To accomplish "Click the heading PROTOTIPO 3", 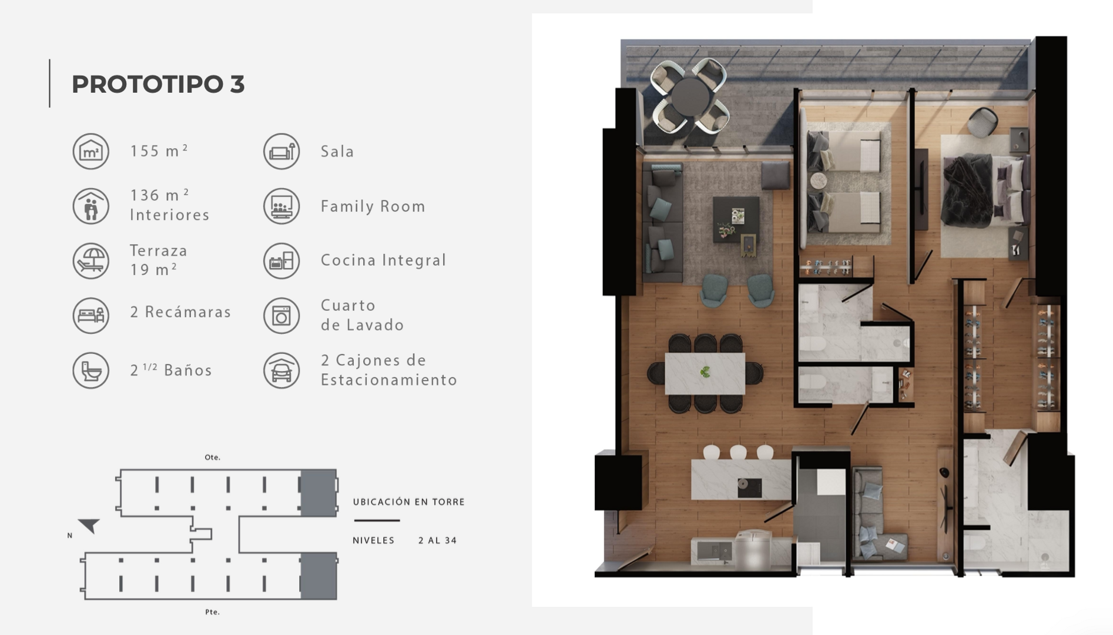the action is tap(158, 84).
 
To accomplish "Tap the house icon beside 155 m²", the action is tap(91, 151).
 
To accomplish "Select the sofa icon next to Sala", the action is tap(281, 151).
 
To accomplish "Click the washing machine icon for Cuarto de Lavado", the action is tap(281, 315).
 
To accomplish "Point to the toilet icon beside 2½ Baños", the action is tap(91, 370).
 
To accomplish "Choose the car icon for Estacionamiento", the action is tap(281, 370).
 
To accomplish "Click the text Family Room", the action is tap(373, 206).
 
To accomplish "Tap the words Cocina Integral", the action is tap(384, 260).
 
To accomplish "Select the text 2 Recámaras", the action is tap(180, 312).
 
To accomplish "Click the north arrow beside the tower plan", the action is tap(89, 525).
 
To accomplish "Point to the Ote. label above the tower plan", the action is tap(213, 457).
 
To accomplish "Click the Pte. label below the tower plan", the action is tap(213, 612).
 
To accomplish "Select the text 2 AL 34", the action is tap(438, 540).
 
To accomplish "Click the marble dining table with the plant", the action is tap(705, 373).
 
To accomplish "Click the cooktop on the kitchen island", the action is tap(750, 487).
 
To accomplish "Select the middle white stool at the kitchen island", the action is tap(738, 452).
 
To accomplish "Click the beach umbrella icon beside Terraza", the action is tap(91, 261).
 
